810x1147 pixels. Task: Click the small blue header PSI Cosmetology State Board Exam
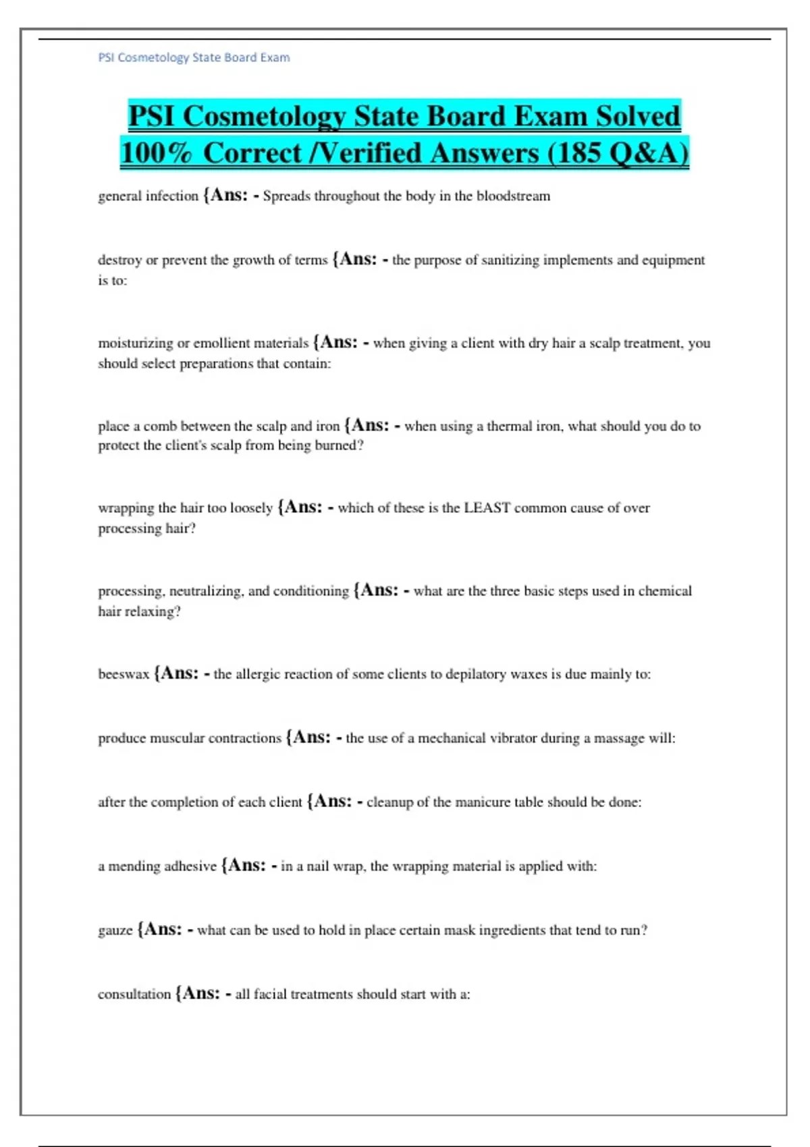(194, 57)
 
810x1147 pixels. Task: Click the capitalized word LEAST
(487, 508)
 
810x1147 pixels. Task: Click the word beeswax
(124, 674)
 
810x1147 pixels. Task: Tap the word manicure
(482, 802)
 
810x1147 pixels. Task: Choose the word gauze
(115, 930)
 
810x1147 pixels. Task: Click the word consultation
(134, 995)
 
